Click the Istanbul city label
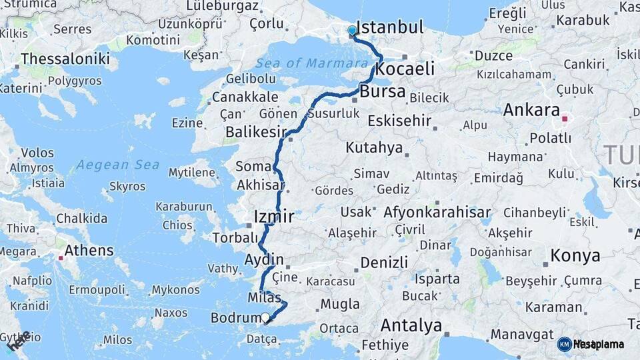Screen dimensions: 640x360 [x=390, y=27]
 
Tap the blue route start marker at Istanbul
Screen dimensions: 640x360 [x=352, y=31]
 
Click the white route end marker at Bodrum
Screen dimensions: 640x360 [x=265, y=318]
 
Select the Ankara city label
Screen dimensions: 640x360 [x=531, y=110]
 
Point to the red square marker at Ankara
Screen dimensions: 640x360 [x=564, y=119]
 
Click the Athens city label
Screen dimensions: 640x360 [x=89, y=251]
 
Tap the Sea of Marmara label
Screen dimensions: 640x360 [x=311, y=63]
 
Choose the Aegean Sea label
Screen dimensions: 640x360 [x=117, y=165]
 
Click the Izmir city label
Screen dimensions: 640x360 [x=274, y=217]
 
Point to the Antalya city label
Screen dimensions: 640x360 [x=411, y=326]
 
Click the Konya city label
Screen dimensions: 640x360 [x=575, y=255]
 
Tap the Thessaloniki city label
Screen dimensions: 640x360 [x=65, y=59]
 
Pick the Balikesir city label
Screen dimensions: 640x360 [x=256, y=132]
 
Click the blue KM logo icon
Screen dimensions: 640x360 [x=564, y=344]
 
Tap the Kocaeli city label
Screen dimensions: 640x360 [x=405, y=69]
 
